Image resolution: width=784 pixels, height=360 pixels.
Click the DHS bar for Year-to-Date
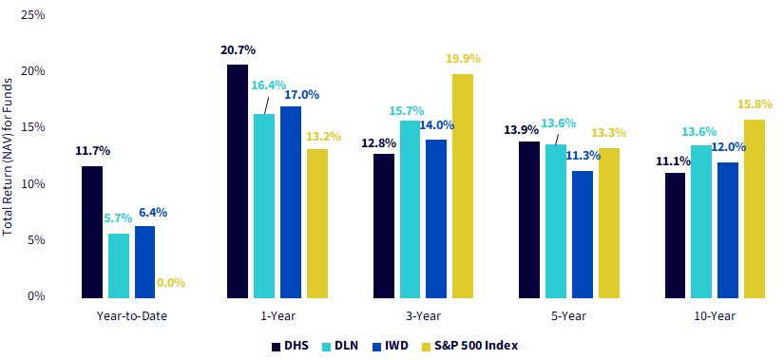click(x=92, y=232)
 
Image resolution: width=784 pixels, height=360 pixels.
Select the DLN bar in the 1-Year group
click(x=264, y=206)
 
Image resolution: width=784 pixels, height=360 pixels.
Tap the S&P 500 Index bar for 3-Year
click(x=463, y=186)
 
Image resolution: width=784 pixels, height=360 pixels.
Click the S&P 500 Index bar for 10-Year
click(x=755, y=209)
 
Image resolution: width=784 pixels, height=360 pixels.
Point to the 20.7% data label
click(x=238, y=50)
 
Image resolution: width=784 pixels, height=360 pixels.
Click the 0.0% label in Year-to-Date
click(x=171, y=283)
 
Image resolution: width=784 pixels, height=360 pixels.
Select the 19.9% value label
click(x=463, y=59)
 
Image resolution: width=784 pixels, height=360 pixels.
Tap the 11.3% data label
click(x=583, y=155)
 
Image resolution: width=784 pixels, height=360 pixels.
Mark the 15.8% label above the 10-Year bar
click(x=754, y=105)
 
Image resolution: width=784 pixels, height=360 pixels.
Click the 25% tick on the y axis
click(x=34, y=15)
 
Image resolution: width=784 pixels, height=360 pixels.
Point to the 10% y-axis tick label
click(x=34, y=184)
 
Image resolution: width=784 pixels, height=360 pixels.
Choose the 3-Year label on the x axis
click(x=425, y=316)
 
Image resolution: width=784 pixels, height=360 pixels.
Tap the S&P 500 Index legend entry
click(x=468, y=346)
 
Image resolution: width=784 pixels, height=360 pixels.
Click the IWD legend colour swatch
click(x=379, y=346)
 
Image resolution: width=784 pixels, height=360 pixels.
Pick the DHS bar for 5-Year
click(x=529, y=220)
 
